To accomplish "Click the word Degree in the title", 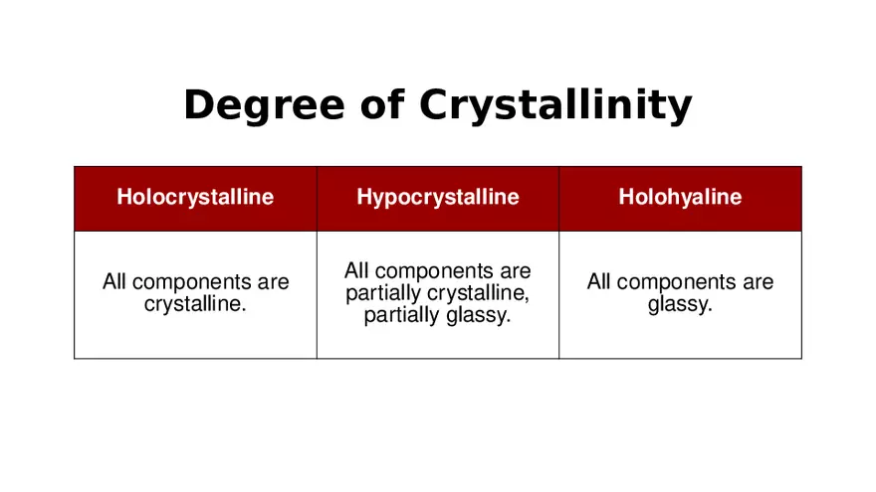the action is click(x=264, y=105).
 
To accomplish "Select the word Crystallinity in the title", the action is click(x=555, y=105).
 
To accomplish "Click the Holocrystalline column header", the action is click(x=195, y=197).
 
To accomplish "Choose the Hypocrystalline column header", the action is click(x=438, y=197).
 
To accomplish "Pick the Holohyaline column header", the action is click(x=680, y=197).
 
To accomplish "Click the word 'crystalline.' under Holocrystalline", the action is click(x=195, y=304).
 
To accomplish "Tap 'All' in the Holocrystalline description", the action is click(x=113, y=281).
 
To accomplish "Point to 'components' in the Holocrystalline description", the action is click(x=191, y=283).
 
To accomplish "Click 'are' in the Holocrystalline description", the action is click(x=273, y=283).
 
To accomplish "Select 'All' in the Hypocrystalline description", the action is click(x=356, y=270).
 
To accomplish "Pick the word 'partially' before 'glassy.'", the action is click(x=401, y=315).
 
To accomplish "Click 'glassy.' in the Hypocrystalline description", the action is click(x=478, y=315).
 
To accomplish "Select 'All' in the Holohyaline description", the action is click(x=598, y=281).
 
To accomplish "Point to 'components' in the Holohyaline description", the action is click(x=676, y=283).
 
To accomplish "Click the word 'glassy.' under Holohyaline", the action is click(x=680, y=304).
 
